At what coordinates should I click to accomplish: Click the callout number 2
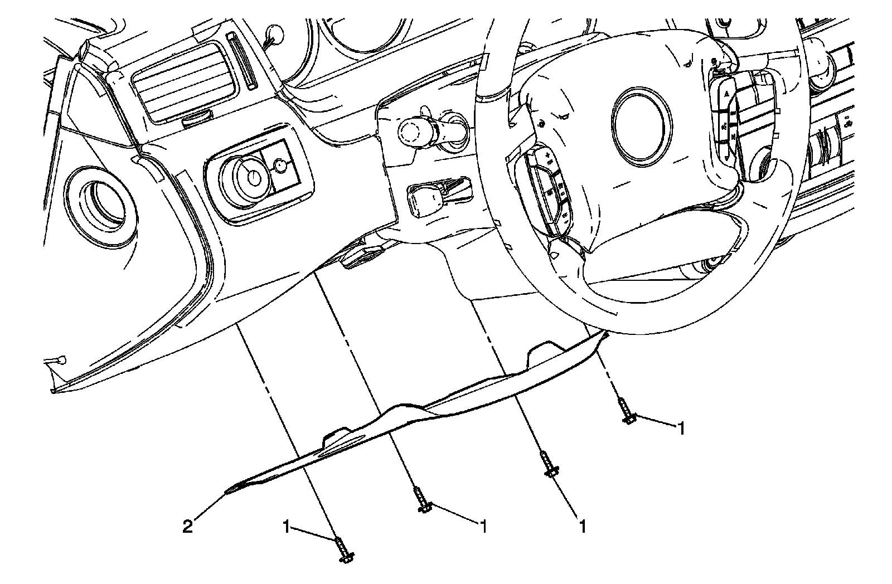tap(188, 527)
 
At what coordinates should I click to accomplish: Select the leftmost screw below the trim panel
tap(343, 549)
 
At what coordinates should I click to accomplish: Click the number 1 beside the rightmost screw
tap(680, 429)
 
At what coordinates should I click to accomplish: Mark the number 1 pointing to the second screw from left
tap(483, 527)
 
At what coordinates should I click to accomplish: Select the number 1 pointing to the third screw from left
tap(583, 527)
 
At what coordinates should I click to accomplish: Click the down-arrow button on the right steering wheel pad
tap(728, 156)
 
